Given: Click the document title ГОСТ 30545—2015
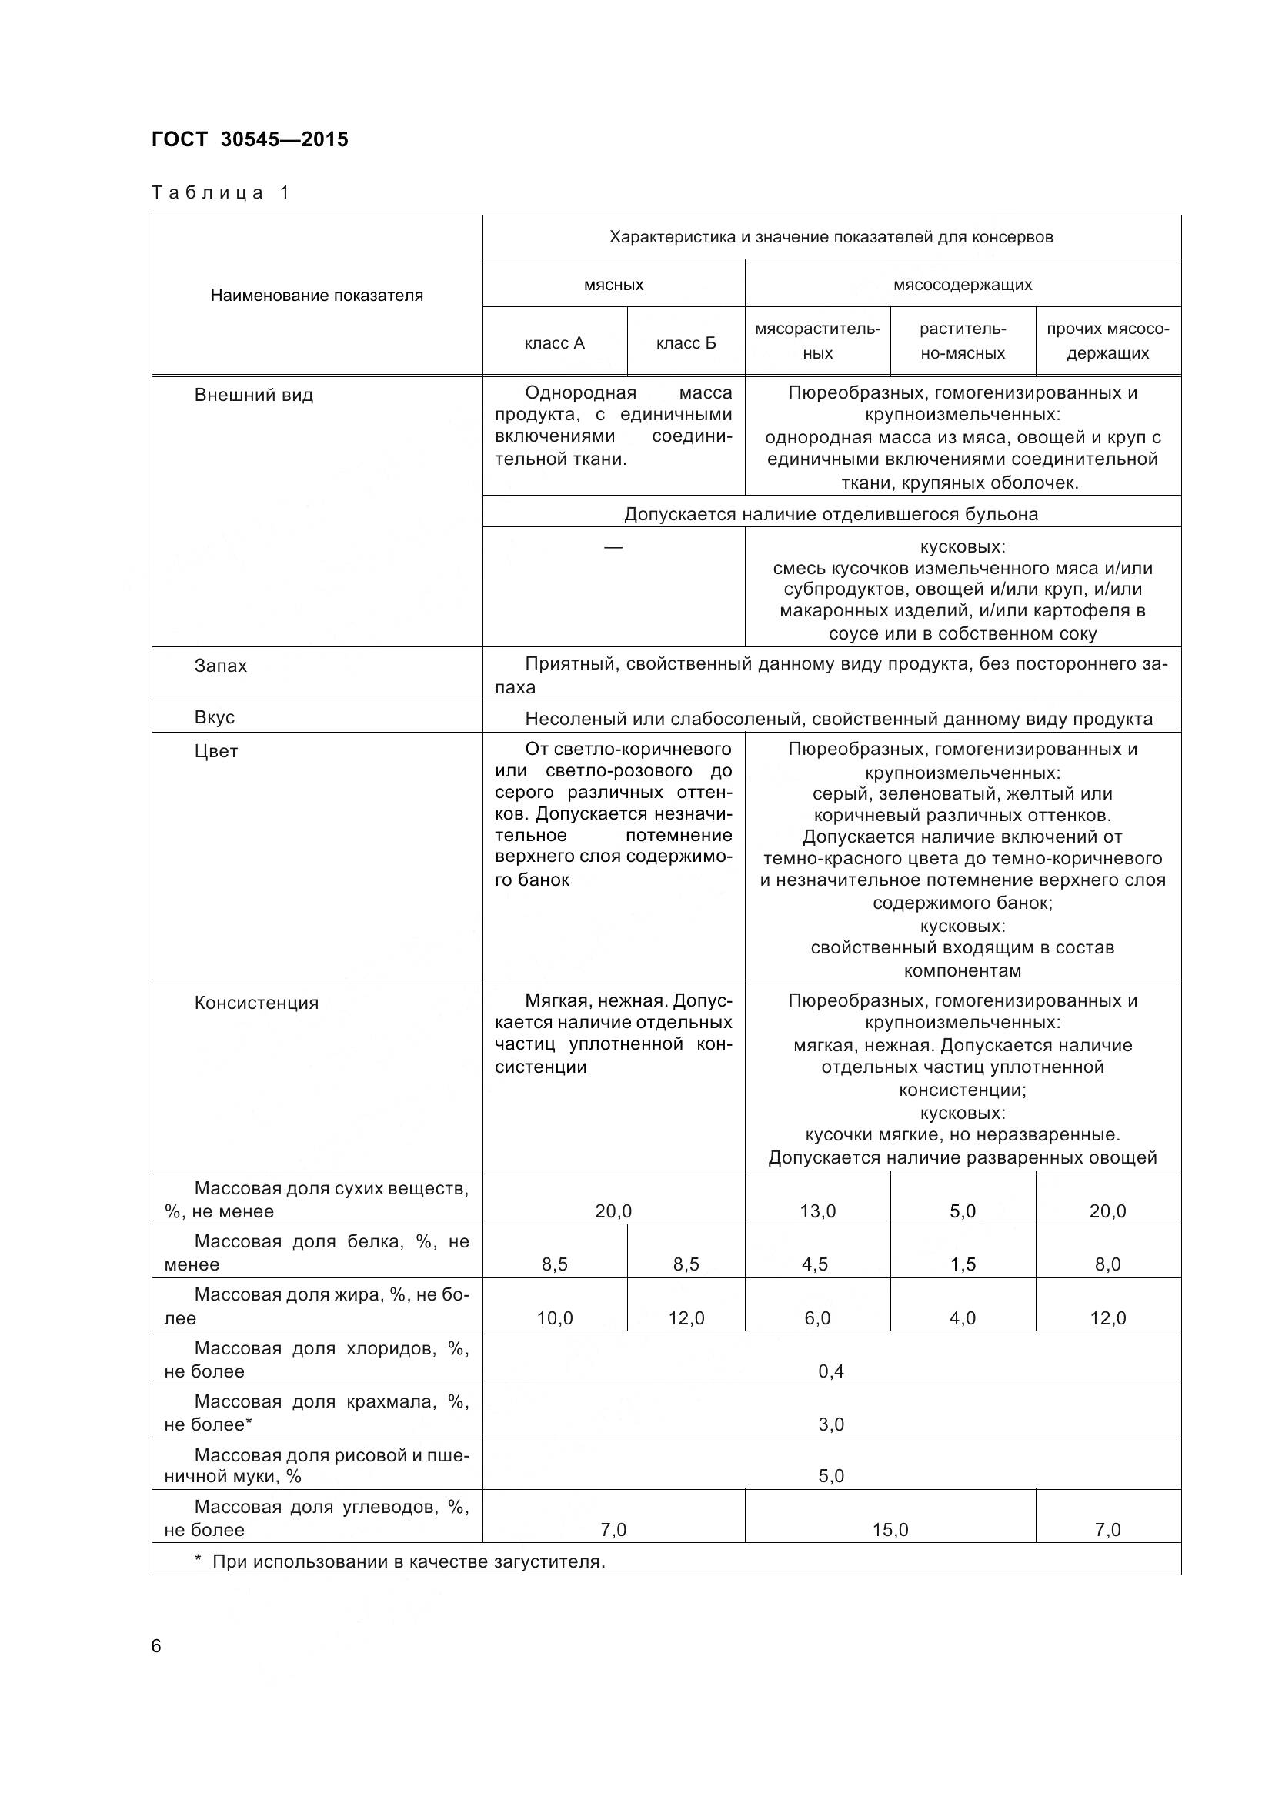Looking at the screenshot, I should pyautogui.click(x=249, y=139).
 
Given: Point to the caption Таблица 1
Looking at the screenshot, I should pyautogui.click(x=220, y=192).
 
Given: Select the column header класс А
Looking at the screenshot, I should pyautogui.click(x=554, y=342).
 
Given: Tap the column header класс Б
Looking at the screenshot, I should pyautogui.click(x=686, y=342).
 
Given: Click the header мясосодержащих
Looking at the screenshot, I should pyautogui.click(x=963, y=285).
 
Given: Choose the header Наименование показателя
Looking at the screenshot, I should pyautogui.click(x=316, y=296).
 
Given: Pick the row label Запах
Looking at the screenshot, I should pyautogui.click(x=220, y=666).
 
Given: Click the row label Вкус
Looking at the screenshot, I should pyautogui.click(x=214, y=717).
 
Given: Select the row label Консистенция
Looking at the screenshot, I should pyautogui.click(x=256, y=1003).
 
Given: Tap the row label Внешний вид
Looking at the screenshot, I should pyautogui.click(x=253, y=395).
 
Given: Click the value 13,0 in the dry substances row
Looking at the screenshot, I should pyautogui.click(x=817, y=1211).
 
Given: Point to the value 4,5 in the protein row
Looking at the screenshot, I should pyautogui.click(x=815, y=1264).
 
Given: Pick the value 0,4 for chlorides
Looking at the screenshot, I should pyautogui.click(x=831, y=1371).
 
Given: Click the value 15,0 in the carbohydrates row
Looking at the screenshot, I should pyautogui.click(x=890, y=1530).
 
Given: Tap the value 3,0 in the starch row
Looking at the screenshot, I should pyautogui.click(x=831, y=1424).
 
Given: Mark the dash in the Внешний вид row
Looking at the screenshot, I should pyautogui.click(x=613, y=546).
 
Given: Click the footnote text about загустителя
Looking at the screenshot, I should pyautogui.click(x=408, y=1561).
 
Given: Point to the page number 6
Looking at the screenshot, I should pyautogui.click(x=156, y=1645).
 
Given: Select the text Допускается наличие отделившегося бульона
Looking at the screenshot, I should pyautogui.click(x=831, y=514).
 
